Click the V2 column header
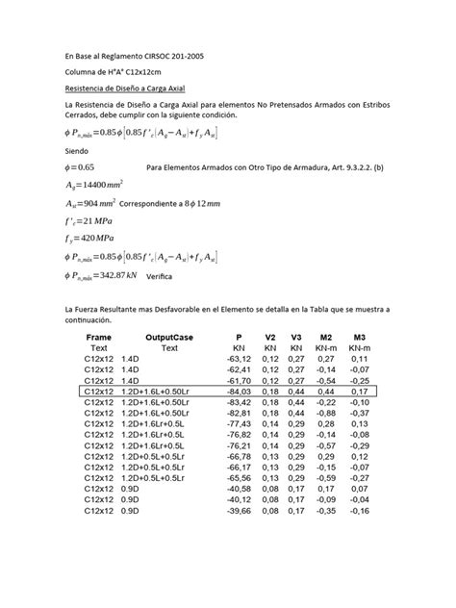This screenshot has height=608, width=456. tap(270, 339)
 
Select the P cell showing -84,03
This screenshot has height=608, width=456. tap(238, 392)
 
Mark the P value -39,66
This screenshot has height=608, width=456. tap(238, 511)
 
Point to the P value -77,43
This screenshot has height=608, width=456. tap(238, 422)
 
